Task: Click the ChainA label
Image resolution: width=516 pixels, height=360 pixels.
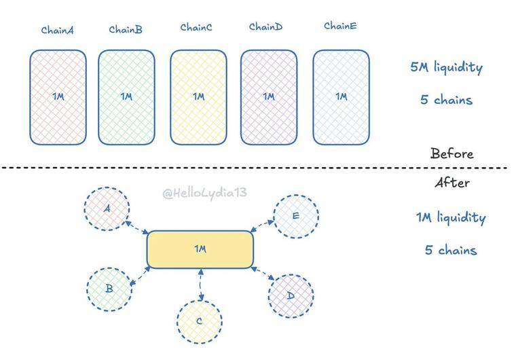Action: [58, 29]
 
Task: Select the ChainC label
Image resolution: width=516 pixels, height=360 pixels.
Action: [196, 27]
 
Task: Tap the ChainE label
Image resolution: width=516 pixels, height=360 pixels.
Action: [340, 26]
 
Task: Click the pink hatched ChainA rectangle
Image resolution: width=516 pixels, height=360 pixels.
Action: [58, 97]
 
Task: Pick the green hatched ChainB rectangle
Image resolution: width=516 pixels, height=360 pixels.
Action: [127, 97]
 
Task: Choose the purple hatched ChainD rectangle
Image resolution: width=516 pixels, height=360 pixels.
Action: [269, 97]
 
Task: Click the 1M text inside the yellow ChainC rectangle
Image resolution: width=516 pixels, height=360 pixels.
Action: [198, 96]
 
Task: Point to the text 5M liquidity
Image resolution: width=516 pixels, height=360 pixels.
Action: [446, 67]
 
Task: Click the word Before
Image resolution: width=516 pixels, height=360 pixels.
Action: [451, 154]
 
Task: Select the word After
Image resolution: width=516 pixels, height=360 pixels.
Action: [451, 183]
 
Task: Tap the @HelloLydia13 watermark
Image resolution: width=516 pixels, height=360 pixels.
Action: [204, 193]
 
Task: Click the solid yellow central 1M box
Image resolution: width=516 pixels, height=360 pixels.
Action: [200, 249]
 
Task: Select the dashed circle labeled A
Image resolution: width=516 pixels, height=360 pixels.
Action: [107, 209]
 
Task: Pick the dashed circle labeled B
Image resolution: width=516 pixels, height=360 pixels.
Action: [109, 289]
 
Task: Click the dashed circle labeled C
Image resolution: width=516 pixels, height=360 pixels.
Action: [199, 321]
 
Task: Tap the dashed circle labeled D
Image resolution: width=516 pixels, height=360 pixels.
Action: [291, 295]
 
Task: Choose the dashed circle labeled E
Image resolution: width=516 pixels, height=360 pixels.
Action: [295, 217]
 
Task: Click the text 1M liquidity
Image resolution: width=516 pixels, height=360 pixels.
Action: [451, 218]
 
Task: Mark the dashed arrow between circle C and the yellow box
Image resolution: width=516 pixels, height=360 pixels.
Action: [200, 284]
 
